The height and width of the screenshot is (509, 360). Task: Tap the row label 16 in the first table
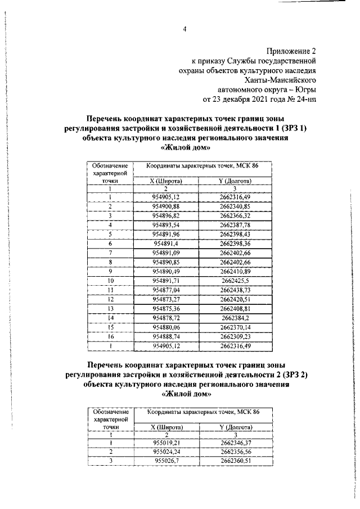pos(111,337)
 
